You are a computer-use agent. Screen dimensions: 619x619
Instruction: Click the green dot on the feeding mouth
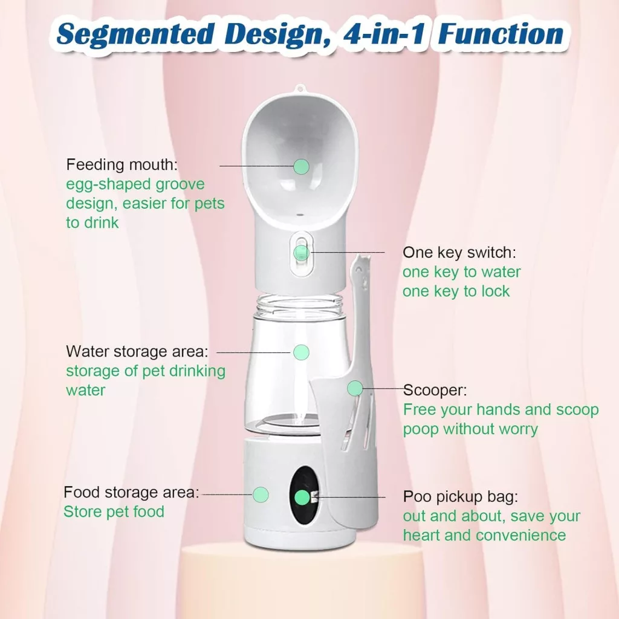[x=301, y=167]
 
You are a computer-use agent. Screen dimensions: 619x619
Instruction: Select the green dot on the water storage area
[x=301, y=352]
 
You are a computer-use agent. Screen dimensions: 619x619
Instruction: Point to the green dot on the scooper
[x=355, y=389]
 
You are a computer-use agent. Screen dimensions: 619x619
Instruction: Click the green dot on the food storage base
[x=261, y=494]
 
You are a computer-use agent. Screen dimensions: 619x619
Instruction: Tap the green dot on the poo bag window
[x=302, y=497]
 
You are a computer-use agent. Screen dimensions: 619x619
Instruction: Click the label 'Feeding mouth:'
[x=122, y=165]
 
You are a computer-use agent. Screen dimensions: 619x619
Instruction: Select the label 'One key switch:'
[x=459, y=253]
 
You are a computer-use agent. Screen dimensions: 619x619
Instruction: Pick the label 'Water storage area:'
[x=137, y=351]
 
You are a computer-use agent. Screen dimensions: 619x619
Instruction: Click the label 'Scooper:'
[x=435, y=390]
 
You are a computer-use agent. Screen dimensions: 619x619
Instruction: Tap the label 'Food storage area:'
[x=131, y=492]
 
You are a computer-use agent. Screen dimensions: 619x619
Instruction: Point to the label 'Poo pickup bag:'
[x=460, y=497]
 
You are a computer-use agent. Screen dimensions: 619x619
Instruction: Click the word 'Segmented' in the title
[x=135, y=34]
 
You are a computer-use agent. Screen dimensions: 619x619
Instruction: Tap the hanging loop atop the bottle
[x=300, y=88]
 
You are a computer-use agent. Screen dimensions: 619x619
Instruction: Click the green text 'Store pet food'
[x=114, y=511]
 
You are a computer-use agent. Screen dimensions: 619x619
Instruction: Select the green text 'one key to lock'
[x=456, y=291]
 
